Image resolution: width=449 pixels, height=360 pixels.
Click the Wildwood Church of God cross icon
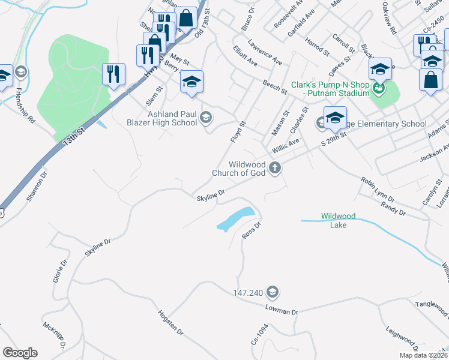tap(275, 168)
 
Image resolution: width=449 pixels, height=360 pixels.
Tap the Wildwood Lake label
tap(338, 220)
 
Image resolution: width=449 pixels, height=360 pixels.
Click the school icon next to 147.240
tap(272, 292)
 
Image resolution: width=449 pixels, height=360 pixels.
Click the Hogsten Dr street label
tap(170, 322)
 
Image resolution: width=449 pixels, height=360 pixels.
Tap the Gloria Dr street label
tap(58, 271)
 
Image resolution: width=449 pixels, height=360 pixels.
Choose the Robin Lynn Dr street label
tap(378, 189)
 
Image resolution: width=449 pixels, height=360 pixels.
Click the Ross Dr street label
tap(251, 230)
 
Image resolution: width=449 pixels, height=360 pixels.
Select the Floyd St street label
tap(238, 132)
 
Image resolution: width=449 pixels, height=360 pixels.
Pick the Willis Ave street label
tap(285, 145)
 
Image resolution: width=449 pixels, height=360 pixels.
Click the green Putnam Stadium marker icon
tap(378, 91)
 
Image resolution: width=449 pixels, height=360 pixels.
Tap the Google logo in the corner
tap(20, 353)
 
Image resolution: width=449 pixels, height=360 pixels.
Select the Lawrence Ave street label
tap(265, 53)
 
